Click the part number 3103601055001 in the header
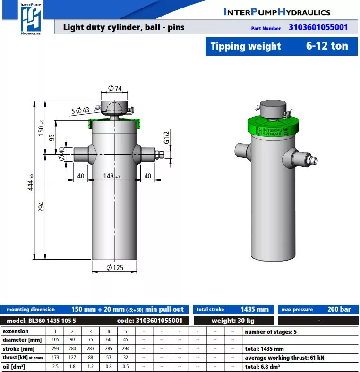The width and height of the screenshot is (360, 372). tap(318, 27)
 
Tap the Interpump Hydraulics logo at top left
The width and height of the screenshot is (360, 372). tap(31, 19)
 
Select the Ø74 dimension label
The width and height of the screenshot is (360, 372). tap(115, 88)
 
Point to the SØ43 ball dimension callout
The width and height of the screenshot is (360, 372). tap(80, 110)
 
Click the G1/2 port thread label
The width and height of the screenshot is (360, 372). tap(167, 137)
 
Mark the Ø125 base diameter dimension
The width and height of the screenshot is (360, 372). tap(115, 268)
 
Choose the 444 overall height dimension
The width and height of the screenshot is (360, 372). tap(30, 182)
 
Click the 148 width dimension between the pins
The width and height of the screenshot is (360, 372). tap(111, 176)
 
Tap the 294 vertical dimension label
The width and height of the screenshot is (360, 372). tap(41, 207)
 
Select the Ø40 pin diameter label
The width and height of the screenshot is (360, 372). tap(61, 154)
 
